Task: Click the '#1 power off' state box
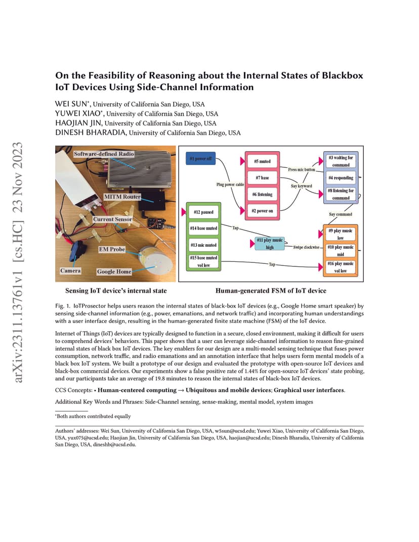pos(201,159)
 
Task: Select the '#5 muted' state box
pos(262,161)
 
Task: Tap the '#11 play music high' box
pos(270,243)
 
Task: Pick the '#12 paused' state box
pos(203,212)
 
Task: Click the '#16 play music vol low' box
pos(341,267)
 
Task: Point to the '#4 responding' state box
pos(341,177)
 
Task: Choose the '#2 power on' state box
pos(262,211)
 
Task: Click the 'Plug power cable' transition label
pos(230,185)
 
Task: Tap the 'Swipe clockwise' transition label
pos(306,247)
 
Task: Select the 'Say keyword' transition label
pos(301,186)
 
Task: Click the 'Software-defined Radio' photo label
pos(104,154)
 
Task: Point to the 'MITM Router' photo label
pos(122,197)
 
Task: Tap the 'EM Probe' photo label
pos(112,249)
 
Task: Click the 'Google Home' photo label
pos(114,272)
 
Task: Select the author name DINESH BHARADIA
pos(92,133)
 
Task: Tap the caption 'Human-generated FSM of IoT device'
pos(271,291)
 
